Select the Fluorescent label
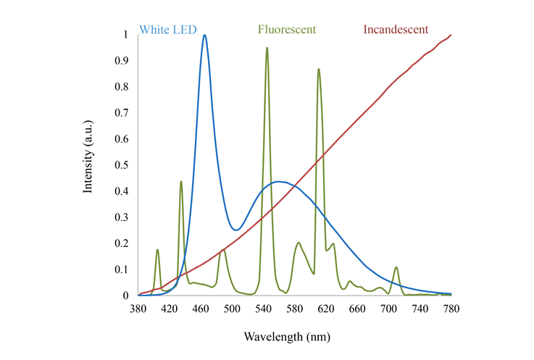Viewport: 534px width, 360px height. click(x=288, y=30)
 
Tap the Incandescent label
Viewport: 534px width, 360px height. click(x=396, y=30)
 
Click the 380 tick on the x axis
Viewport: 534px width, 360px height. click(x=138, y=308)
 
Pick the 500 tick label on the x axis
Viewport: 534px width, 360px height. click(x=232, y=308)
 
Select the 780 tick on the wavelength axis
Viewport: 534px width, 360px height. click(x=451, y=308)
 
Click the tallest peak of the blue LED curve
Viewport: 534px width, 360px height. click(x=205, y=35)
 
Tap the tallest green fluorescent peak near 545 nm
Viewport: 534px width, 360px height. click(x=267, y=48)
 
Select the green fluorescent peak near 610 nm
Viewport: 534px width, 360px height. click(x=319, y=69)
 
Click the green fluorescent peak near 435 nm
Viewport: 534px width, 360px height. click(x=180, y=181)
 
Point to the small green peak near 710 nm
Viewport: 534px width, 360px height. click(x=396, y=267)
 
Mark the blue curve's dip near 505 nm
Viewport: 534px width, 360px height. click(x=235, y=230)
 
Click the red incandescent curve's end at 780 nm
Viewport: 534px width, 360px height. click(x=451, y=35)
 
